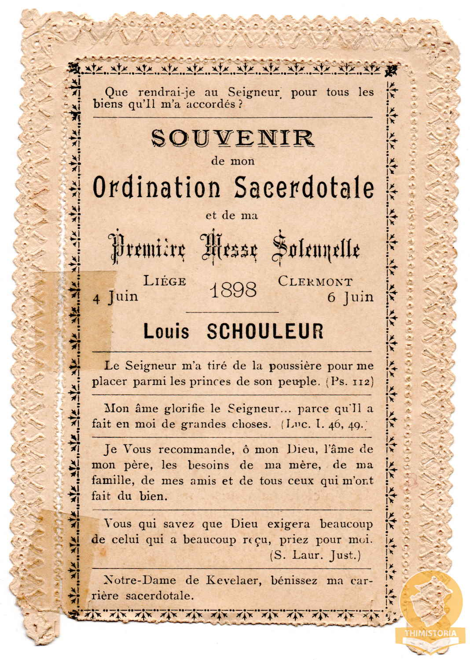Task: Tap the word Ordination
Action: click(156, 187)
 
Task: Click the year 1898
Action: click(233, 290)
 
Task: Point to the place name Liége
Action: click(165, 281)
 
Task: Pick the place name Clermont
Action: click(315, 282)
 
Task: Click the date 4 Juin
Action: click(116, 297)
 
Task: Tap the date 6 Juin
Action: click(350, 298)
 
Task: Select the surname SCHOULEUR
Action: click(265, 331)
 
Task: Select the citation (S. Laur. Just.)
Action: click(315, 555)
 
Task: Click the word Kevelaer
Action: click(233, 580)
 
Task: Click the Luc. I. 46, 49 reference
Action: click(324, 425)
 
